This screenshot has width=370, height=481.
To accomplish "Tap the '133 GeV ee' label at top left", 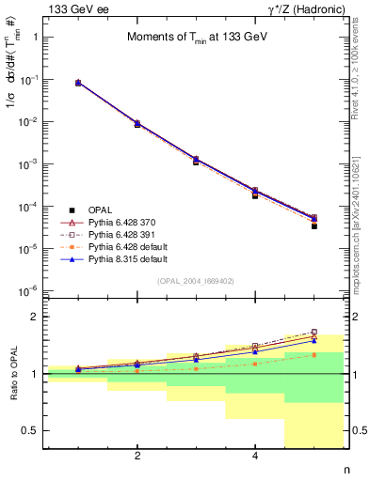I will coord(76,9).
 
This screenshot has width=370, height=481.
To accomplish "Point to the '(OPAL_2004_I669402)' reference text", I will coord(196,281).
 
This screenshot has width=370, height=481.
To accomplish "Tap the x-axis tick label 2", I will coord(137,457).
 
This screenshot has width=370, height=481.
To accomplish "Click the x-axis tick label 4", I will coord(255,457).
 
